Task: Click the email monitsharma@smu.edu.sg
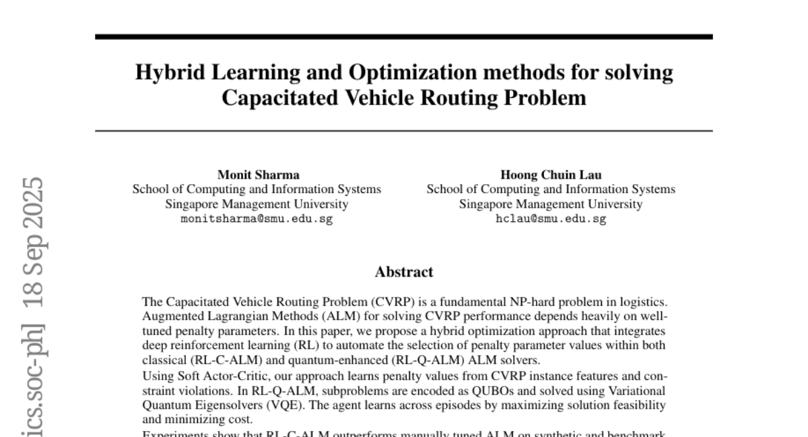click(257, 220)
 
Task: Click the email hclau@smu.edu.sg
click(551, 220)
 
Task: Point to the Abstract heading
click(404, 272)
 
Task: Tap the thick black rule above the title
click(404, 36)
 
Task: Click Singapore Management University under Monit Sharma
click(257, 204)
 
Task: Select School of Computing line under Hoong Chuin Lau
click(551, 190)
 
